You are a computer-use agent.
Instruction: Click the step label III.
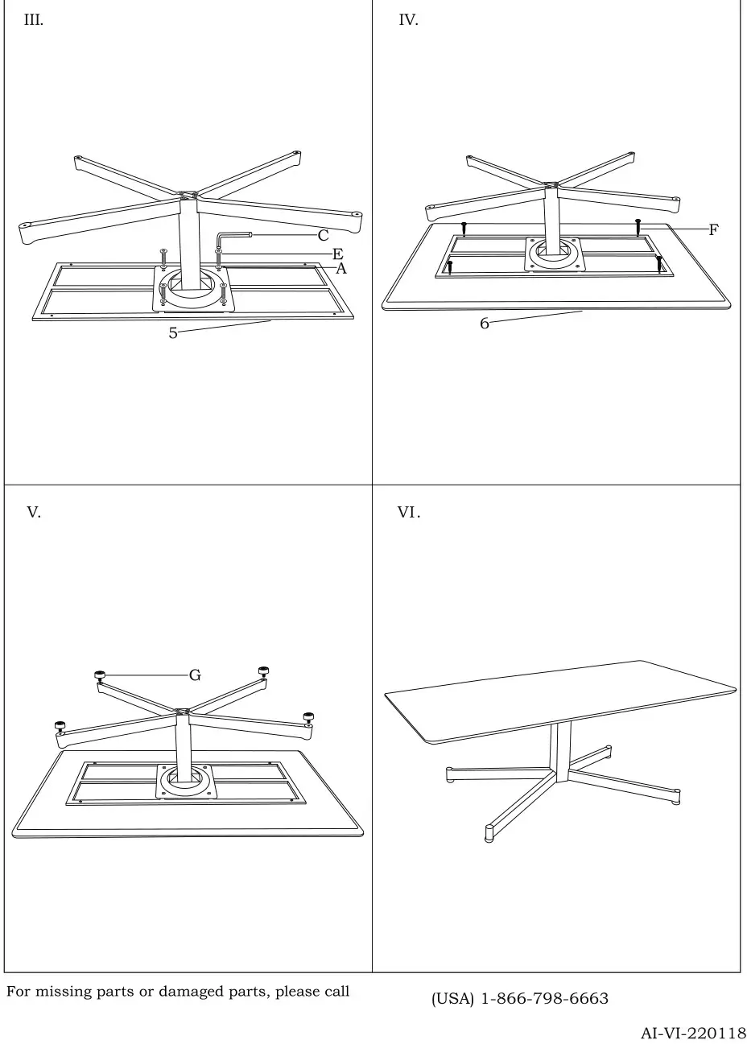click(x=34, y=21)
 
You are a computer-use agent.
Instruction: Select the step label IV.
click(x=408, y=21)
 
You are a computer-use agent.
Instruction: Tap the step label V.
click(x=34, y=513)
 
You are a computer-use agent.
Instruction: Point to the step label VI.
click(x=409, y=513)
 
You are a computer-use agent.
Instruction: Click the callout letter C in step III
click(x=323, y=236)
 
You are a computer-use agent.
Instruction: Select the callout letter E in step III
click(x=338, y=254)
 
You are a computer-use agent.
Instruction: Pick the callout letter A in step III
click(x=340, y=269)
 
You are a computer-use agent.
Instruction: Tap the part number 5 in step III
click(x=173, y=333)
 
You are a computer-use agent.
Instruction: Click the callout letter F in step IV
click(x=713, y=230)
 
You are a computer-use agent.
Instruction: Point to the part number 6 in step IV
click(x=485, y=324)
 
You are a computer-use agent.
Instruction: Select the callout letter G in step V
click(x=195, y=675)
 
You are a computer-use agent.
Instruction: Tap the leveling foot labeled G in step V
click(x=101, y=675)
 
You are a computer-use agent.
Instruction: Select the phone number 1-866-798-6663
click(x=544, y=999)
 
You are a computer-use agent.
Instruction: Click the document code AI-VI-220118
click(x=693, y=1033)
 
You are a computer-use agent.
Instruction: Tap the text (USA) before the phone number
click(x=452, y=999)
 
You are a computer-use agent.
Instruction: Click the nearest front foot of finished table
click(x=489, y=832)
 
